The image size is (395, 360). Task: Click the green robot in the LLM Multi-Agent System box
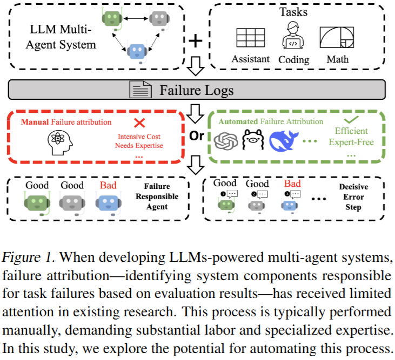112,19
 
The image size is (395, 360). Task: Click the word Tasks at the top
293,11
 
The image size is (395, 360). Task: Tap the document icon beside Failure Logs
140,89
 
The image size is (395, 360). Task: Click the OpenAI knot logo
225,141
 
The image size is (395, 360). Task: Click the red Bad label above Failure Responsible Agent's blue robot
108,185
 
